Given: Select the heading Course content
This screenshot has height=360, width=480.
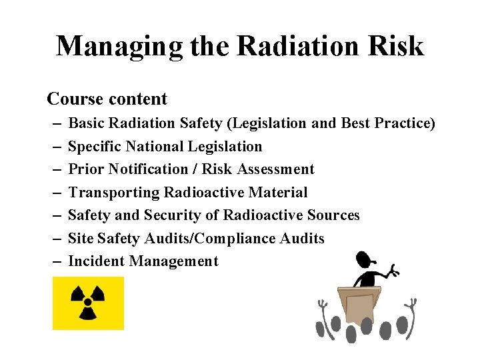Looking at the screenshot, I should [107, 99].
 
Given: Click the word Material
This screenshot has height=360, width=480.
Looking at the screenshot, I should [278, 193].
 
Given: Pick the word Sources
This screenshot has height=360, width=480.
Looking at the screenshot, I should [334, 215].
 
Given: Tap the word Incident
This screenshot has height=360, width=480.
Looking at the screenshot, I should [97, 261].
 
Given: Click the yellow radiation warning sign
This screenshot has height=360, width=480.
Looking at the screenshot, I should [88, 303].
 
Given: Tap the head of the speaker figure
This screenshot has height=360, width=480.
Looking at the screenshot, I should [363, 258].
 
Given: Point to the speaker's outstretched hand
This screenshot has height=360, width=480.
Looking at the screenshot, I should [393, 271].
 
